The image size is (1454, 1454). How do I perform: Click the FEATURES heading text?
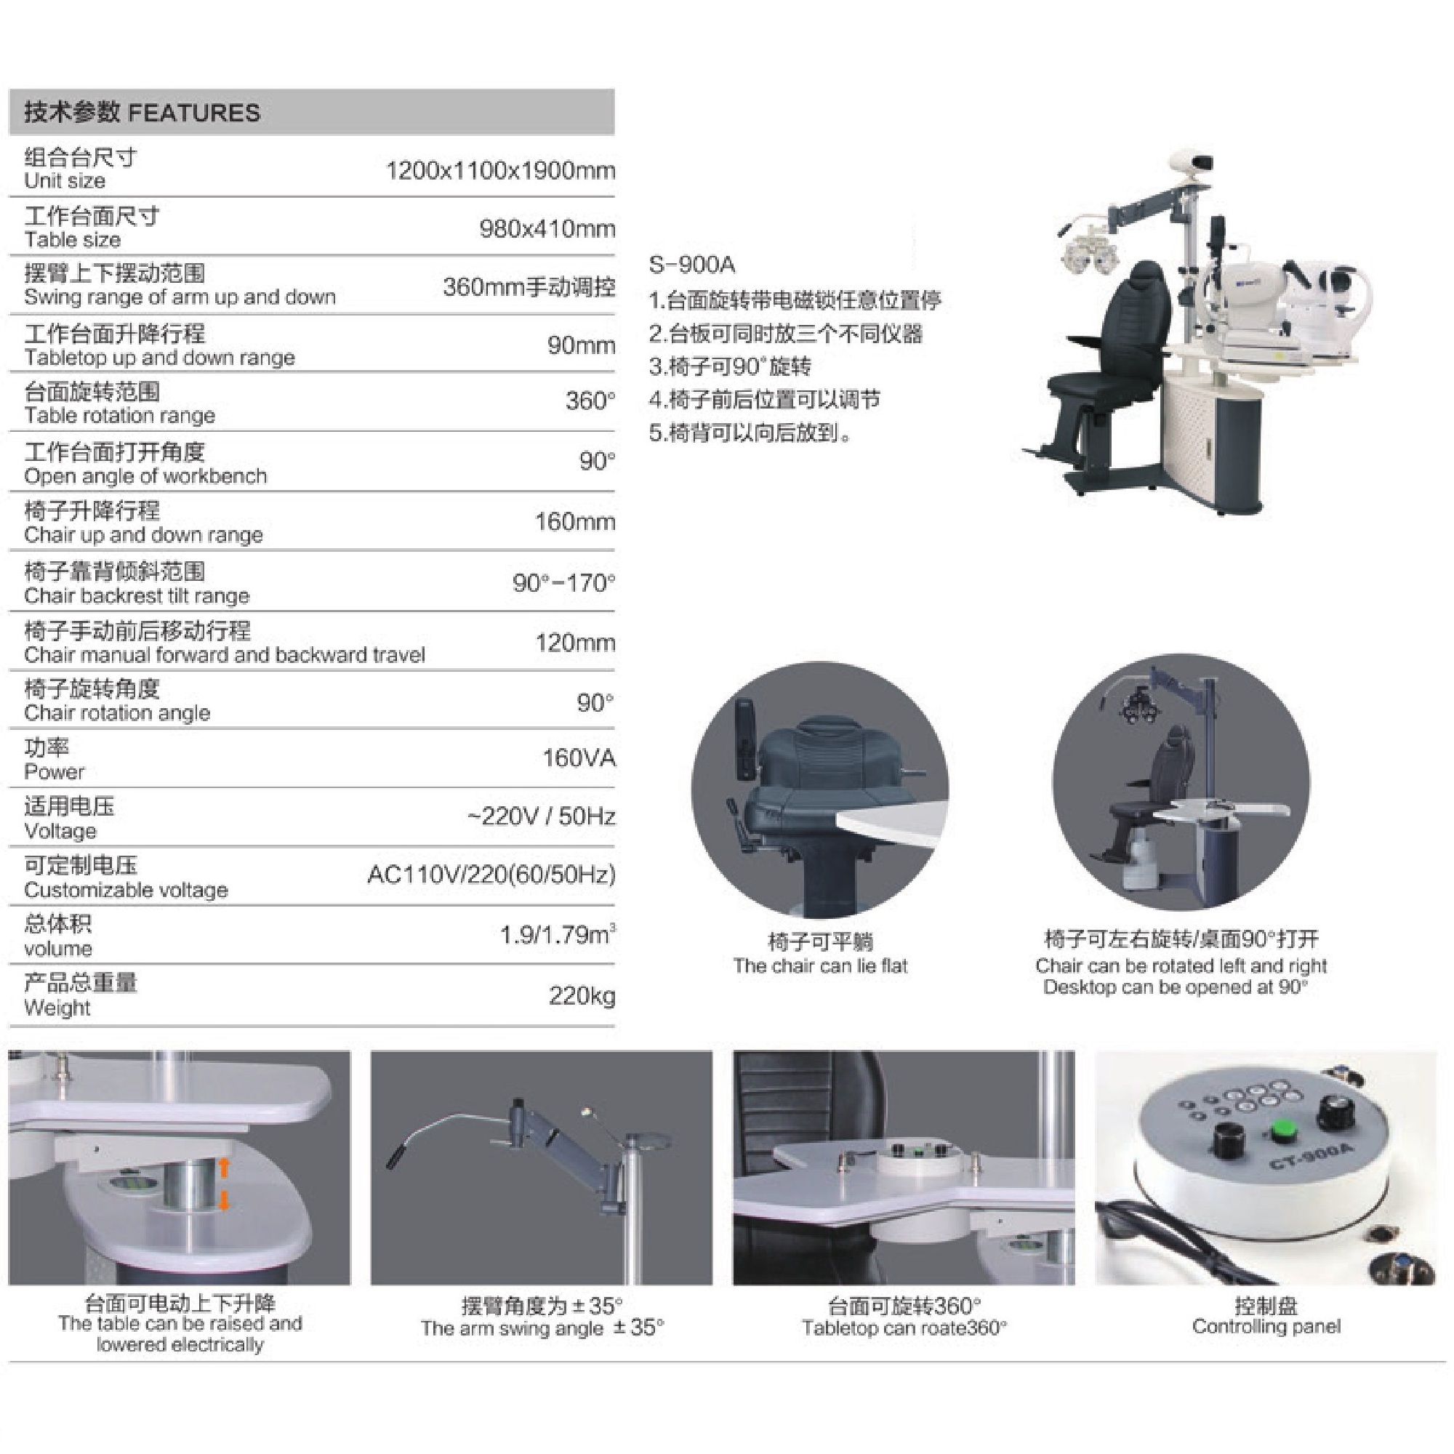click(194, 113)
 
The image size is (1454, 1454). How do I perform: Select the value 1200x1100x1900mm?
click(500, 171)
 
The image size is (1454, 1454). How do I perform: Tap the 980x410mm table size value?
click(547, 229)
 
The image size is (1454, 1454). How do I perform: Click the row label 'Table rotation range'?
click(120, 415)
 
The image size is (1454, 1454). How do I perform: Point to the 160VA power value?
click(579, 758)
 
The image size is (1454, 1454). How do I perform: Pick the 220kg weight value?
click(582, 997)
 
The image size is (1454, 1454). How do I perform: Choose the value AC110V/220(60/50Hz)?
click(491, 875)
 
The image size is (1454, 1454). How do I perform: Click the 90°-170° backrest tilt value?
click(563, 582)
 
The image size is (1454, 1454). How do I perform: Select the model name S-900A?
click(692, 265)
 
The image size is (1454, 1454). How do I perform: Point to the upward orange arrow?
click(223, 1168)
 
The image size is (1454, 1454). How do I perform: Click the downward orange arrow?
click(223, 1202)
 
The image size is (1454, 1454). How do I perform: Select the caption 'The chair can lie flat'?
click(820, 965)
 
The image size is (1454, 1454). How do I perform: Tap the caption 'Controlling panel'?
click(1266, 1326)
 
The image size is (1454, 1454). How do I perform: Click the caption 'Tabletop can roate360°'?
click(904, 1328)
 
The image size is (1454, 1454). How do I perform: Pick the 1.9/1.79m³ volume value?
click(558, 935)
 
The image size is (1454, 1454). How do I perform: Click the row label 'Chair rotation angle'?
click(117, 712)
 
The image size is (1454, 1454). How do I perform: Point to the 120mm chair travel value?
click(576, 643)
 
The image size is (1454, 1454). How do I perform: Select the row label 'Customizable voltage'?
click(126, 891)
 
